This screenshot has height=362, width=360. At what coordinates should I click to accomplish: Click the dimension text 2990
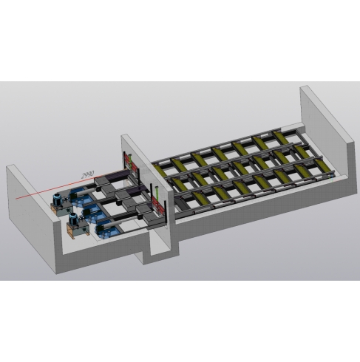tap(88, 174)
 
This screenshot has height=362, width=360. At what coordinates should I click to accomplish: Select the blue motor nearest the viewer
tap(73, 218)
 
